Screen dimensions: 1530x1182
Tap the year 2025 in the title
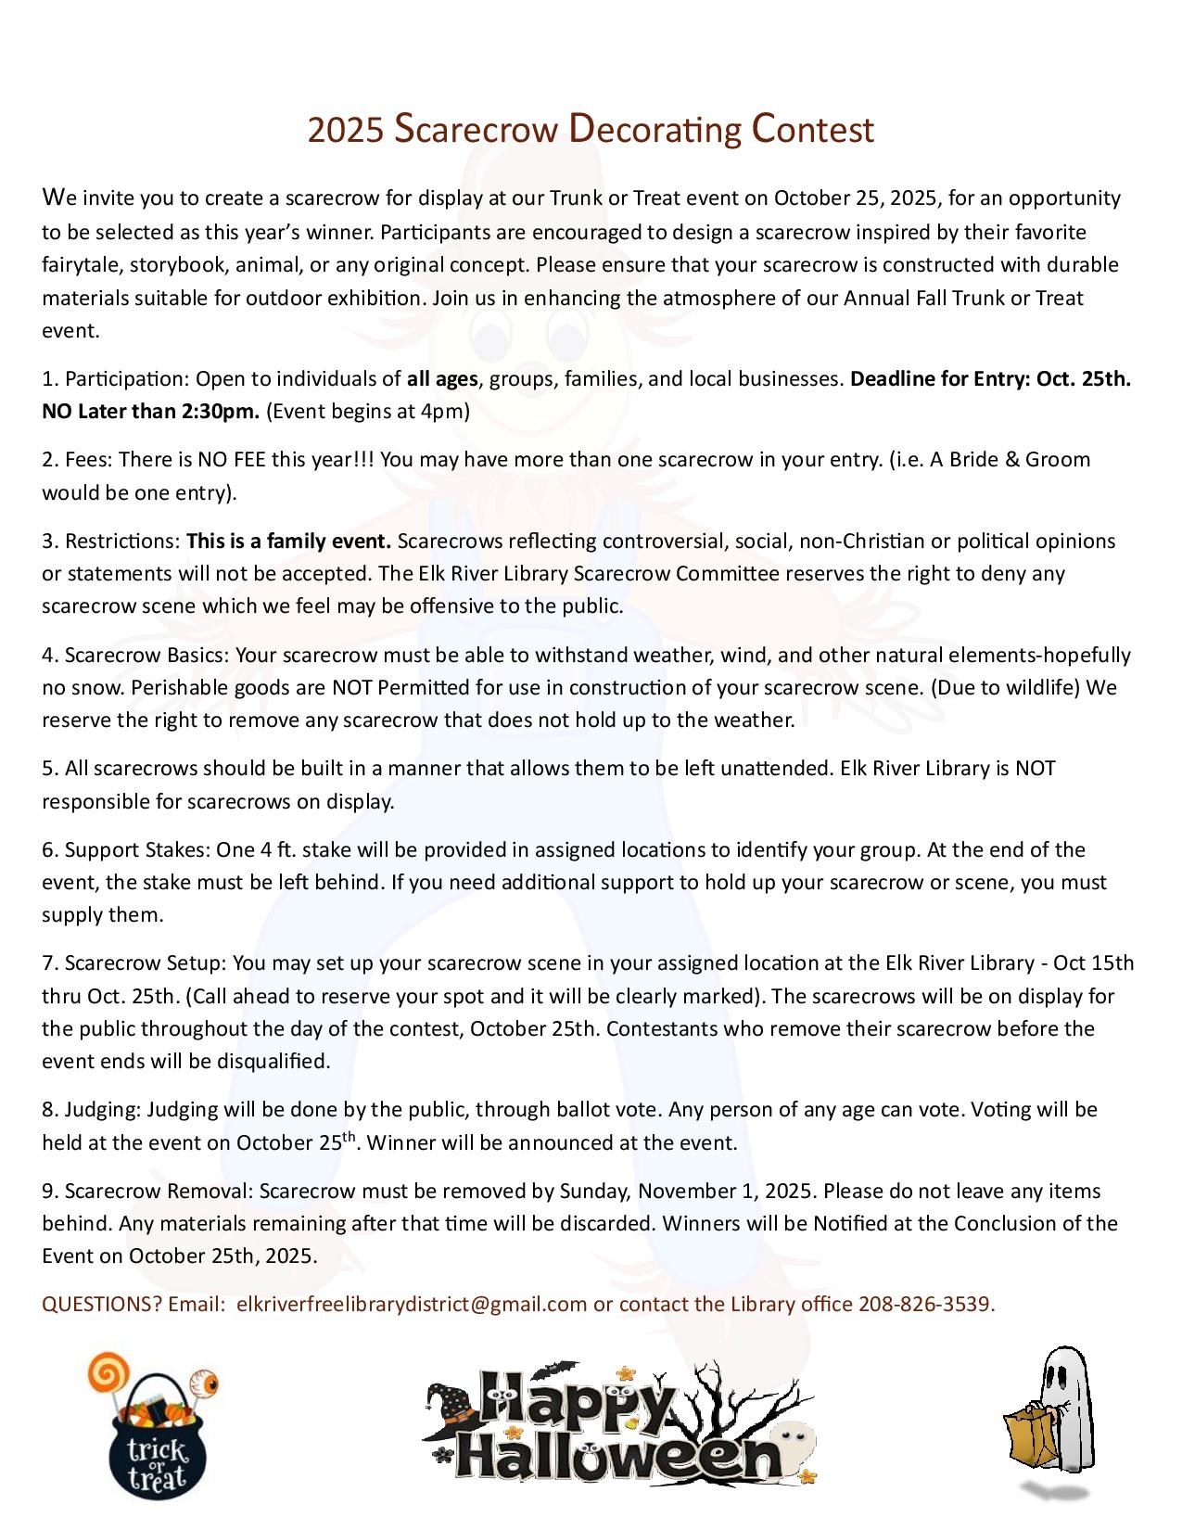tap(344, 131)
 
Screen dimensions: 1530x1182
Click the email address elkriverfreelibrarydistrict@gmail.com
tap(412, 1304)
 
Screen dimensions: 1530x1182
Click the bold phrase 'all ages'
tap(442, 378)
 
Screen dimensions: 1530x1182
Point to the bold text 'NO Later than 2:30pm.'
tap(151, 411)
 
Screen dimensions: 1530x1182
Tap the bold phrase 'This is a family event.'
tap(289, 541)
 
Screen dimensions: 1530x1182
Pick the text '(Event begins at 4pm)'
tap(368, 411)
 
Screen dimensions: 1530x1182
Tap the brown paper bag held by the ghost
tap(1029, 1443)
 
